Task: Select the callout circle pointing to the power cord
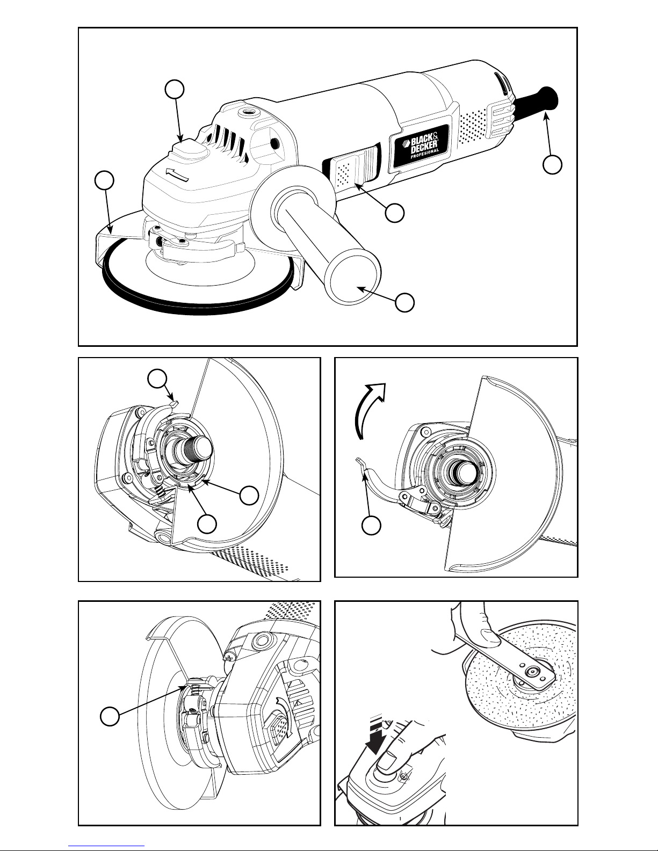(553, 164)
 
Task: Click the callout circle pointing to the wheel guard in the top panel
(105, 180)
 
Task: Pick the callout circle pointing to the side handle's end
(405, 302)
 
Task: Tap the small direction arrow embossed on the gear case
(177, 174)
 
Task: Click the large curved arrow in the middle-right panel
(370, 410)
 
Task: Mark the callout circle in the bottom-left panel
(110, 716)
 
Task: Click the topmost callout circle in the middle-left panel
(157, 379)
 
